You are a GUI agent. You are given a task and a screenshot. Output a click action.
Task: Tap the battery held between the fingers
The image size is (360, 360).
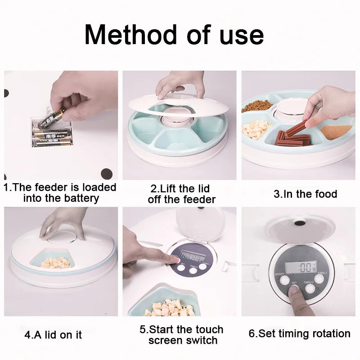[51, 118]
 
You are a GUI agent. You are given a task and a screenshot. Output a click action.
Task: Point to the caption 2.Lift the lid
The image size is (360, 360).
[180, 188]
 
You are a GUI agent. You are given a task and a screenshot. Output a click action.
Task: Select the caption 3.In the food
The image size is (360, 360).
[305, 194]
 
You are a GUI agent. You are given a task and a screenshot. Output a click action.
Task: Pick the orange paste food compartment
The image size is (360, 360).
[335, 131]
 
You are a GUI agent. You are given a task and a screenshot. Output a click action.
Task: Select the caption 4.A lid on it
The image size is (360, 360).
[53, 335]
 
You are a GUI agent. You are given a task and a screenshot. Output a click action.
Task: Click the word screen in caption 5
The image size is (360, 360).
[164, 341]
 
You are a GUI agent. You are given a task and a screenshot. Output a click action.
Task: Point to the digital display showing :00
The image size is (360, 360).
[301, 267]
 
